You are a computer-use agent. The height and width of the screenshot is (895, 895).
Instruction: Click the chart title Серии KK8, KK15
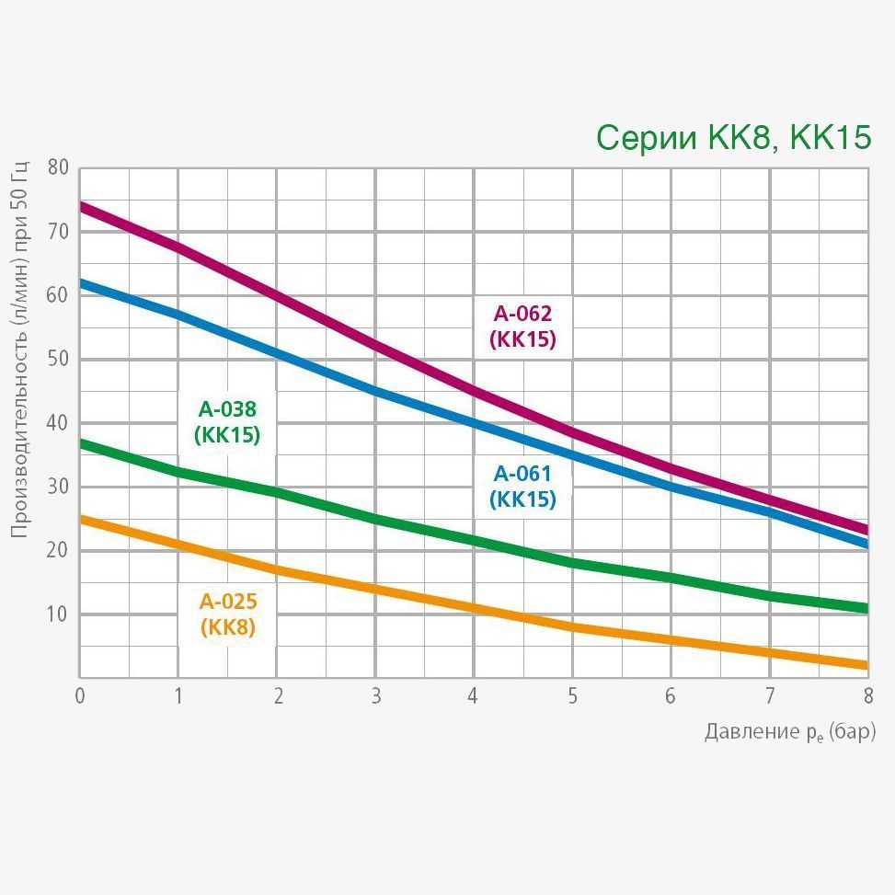(x=733, y=138)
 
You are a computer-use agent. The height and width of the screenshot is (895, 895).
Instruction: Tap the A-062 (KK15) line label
(x=522, y=327)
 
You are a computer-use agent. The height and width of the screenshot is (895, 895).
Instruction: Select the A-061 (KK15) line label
(x=522, y=487)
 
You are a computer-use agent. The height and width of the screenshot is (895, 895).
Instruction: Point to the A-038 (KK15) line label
(x=227, y=422)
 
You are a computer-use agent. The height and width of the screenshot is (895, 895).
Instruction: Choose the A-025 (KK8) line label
(x=228, y=614)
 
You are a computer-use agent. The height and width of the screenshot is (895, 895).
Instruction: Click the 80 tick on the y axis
(x=58, y=167)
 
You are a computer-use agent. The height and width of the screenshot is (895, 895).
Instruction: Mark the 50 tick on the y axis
(x=58, y=359)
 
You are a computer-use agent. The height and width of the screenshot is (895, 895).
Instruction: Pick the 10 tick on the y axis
(x=58, y=614)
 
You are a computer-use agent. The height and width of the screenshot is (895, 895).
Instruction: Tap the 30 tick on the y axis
(x=58, y=487)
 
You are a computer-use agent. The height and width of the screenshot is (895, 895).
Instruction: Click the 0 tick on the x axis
(x=80, y=695)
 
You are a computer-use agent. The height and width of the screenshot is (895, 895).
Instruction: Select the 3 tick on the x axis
(x=375, y=695)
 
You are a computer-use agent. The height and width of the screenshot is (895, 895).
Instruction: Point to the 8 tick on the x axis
(x=867, y=695)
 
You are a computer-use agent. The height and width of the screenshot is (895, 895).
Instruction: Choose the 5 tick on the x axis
(x=572, y=695)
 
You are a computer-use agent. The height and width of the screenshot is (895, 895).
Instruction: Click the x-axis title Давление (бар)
(x=789, y=732)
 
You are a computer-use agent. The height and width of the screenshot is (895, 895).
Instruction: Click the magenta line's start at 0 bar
(x=82, y=207)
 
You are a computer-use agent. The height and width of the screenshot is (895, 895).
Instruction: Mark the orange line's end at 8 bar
(x=866, y=665)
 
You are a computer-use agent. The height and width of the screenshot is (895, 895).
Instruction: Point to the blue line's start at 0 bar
(x=82, y=283)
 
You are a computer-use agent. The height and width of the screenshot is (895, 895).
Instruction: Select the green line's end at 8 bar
(x=866, y=608)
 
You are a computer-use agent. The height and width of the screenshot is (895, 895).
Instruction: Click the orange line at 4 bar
(x=474, y=608)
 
